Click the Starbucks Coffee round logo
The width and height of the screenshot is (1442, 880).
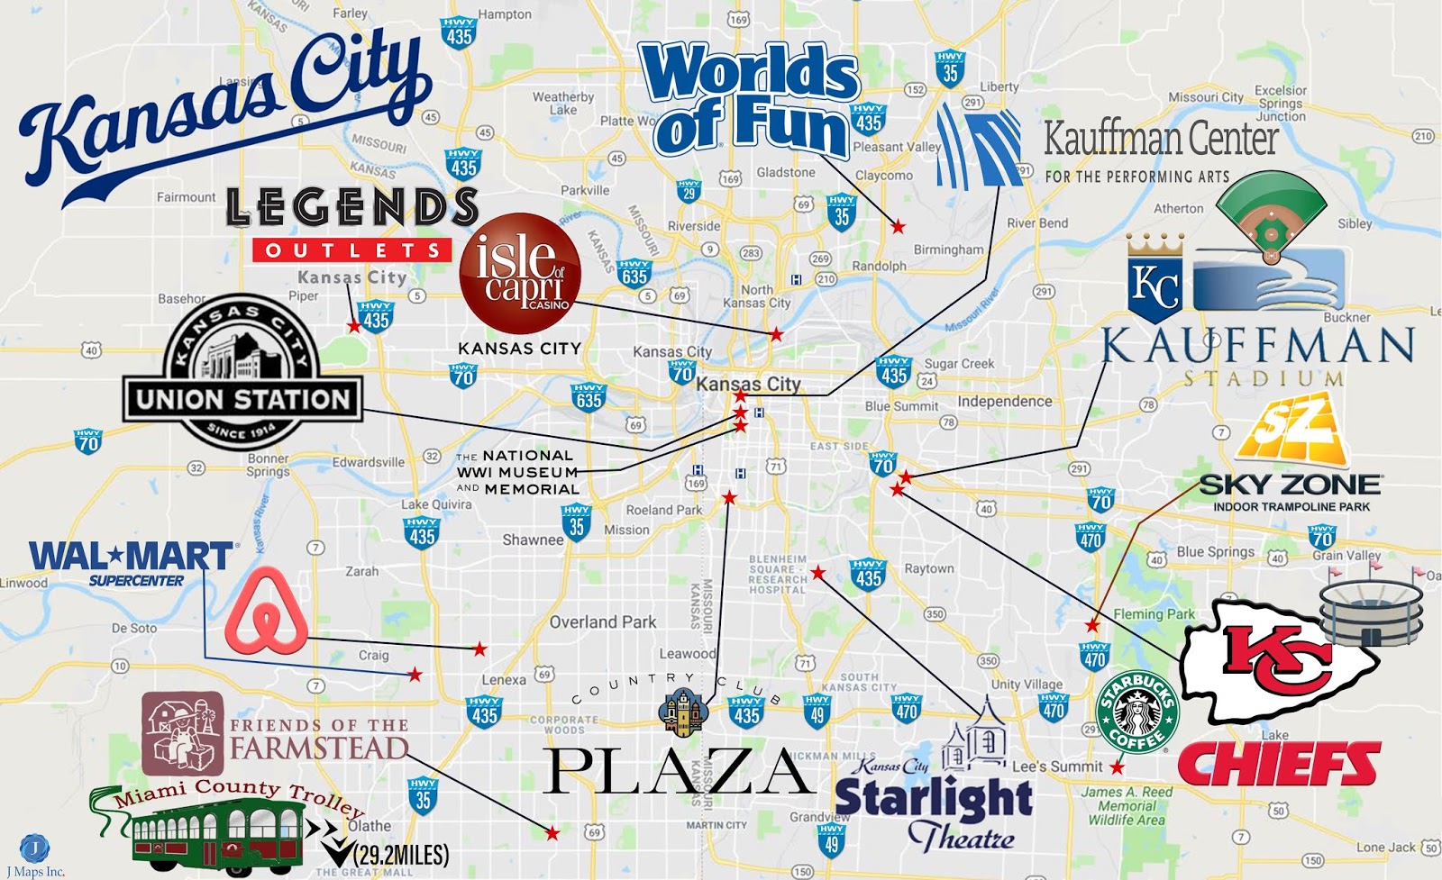[1137, 712]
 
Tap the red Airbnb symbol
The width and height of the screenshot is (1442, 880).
[266, 612]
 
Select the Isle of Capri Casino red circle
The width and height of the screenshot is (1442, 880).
[520, 274]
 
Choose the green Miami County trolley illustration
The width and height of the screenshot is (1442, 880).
[216, 833]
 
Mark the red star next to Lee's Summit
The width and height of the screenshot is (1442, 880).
[1118, 767]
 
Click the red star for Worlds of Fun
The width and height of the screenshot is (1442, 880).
[898, 227]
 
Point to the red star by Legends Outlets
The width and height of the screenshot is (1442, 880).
[354, 327]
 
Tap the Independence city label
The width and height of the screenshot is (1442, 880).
[1004, 401]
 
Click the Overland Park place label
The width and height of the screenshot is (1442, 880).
[603, 621]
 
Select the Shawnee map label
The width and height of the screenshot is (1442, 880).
[533, 540]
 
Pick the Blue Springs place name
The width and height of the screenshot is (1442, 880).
[1215, 551]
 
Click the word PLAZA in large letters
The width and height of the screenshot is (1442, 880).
[678, 772]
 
